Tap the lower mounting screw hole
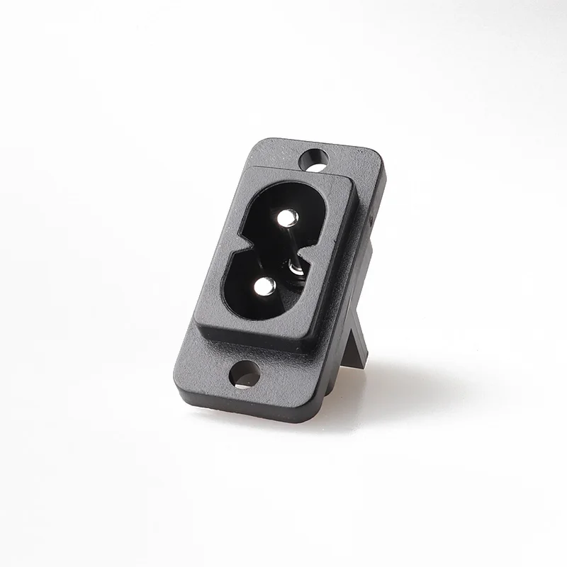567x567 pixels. click(245, 374)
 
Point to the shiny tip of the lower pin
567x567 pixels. click(264, 286)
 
